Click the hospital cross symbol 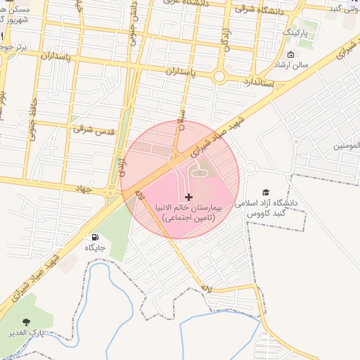coord(188,198)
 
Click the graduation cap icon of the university coord(266,192)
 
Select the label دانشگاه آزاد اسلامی coord(269,203)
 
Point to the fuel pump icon coord(95,237)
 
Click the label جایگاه coord(95,248)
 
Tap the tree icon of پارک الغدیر coord(28,321)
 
